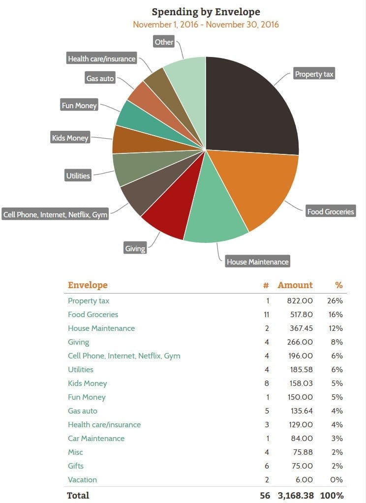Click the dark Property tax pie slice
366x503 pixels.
pyautogui.click(x=251, y=106)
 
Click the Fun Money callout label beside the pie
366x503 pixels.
pyautogui.click(x=79, y=105)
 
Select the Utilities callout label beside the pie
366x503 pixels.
pyautogui.click(x=78, y=176)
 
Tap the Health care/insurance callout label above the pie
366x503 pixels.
pyautogui.click(x=101, y=59)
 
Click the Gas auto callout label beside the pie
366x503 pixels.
pyautogui.click(x=100, y=78)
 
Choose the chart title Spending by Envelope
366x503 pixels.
pyautogui.click(x=206, y=12)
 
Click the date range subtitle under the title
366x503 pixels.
pyautogui.click(x=206, y=24)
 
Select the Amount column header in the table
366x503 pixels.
pyautogui.click(x=295, y=285)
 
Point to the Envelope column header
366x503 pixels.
pyautogui.click(x=88, y=285)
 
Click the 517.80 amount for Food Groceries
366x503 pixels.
pyautogui.click(x=300, y=315)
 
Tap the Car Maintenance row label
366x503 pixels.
pyautogui.click(x=96, y=439)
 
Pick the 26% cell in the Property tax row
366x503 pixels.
pyautogui.click(x=335, y=301)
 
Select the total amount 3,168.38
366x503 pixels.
pyautogui.click(x=295, y=495)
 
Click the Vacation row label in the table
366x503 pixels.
pyautogui.click(x=82, y=480)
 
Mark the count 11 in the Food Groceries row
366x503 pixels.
pyautogui.click(x=267, y=315)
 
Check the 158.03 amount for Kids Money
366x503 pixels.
pyautogui.click(x=300, y=384)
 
